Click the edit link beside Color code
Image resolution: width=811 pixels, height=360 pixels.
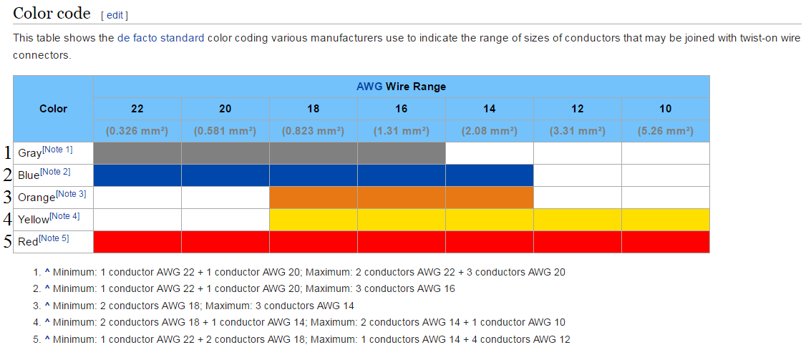tap(115, 15)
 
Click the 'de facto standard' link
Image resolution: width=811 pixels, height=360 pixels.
tap(160, 37)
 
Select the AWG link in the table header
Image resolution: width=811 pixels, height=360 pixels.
tap(369, 87)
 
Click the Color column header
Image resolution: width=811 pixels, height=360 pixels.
tap(53, 109)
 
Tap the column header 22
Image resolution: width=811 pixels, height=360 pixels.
tap(137, 109)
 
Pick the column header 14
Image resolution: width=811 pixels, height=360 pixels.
tap(489, 109)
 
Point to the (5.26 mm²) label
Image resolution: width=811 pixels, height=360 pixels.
tap(665, 131)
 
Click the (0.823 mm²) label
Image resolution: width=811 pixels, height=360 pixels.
tap(314, 131)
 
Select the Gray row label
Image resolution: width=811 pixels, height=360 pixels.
tap(29, 153)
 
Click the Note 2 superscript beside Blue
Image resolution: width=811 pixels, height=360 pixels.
tap(55, 172)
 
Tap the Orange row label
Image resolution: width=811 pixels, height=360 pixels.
tap(37, 198)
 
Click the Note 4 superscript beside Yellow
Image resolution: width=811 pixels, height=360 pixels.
tap(65, 216)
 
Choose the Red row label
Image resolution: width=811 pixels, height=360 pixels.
tap(28, 242)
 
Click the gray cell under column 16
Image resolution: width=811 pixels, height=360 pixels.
tap(401, 153)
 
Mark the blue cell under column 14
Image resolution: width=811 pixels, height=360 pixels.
tap(489, 175)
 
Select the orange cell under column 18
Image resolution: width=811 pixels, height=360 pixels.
tap(314, 198)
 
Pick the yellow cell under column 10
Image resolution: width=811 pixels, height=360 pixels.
tap(665, 220)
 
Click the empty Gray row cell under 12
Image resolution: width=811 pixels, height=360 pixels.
tap(577, 153)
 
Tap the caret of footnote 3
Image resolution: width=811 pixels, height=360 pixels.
tap(47, 306)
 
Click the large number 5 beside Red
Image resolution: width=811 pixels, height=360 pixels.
tap(7, 242)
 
